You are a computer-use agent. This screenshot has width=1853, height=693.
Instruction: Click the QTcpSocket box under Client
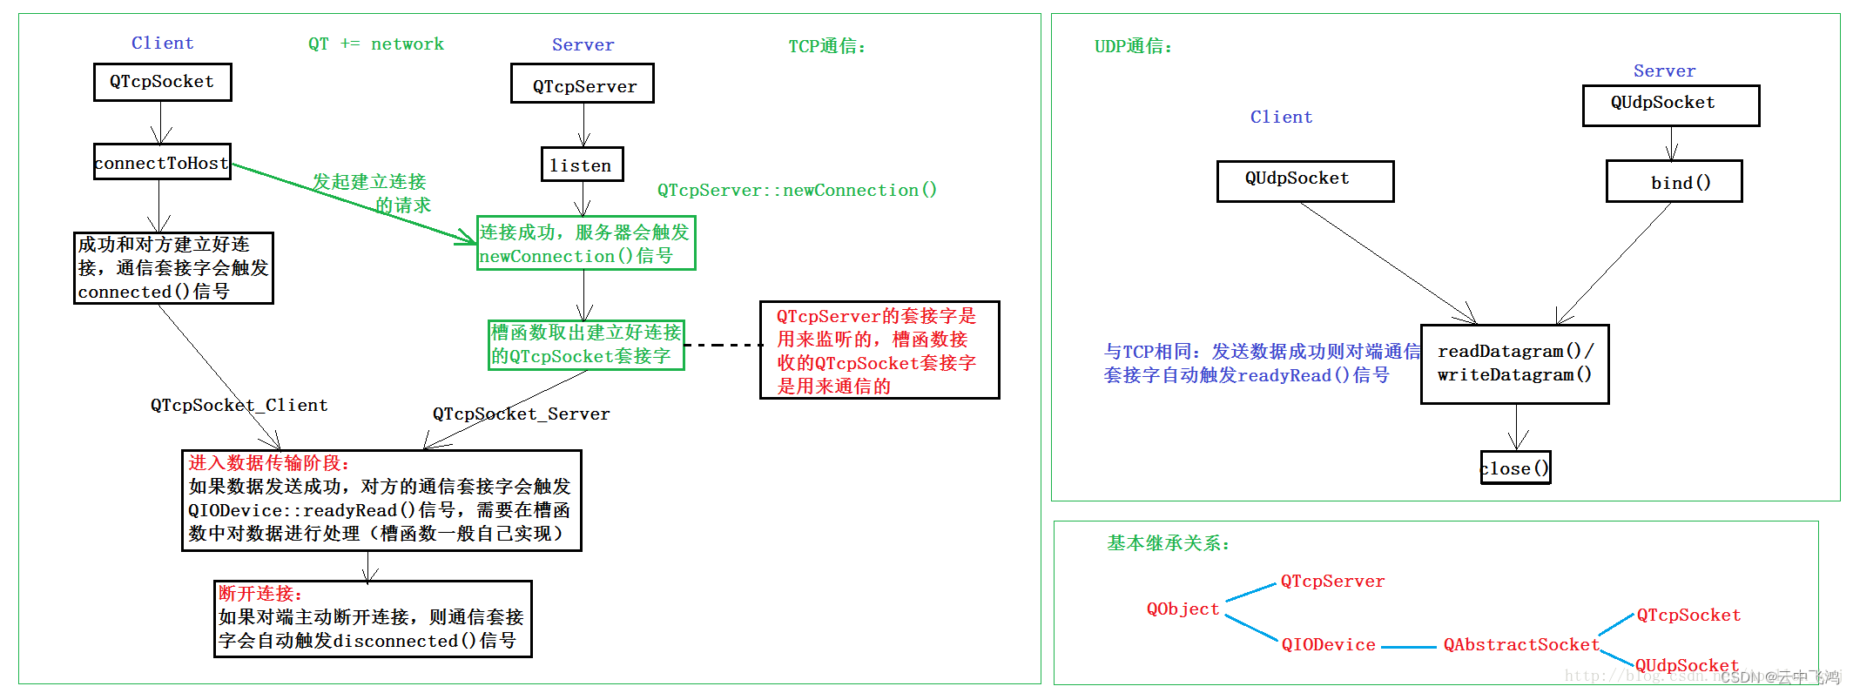tap(162, 82)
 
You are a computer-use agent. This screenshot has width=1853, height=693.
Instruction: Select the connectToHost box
tap(162, 163)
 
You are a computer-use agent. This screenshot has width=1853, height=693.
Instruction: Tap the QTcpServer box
tap(583, 84)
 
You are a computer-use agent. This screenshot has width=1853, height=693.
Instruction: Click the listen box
tap(582, 165)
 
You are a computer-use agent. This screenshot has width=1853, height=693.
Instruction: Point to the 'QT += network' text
tap(376, 44)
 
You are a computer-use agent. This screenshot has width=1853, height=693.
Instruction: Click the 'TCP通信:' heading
tap(827, 46)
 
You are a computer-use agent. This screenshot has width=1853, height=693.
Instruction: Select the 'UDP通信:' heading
tap(1133, 46)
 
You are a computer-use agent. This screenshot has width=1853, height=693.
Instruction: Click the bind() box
tap(1674, 182)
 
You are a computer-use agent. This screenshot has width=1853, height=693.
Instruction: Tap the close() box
tap(1515, 468)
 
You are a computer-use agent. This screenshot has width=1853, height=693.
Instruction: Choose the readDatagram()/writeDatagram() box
tap(1514, 364)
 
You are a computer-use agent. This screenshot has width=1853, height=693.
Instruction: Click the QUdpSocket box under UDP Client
tap(1304, 180)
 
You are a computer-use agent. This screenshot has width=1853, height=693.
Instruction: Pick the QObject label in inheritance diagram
tap(1183, 609)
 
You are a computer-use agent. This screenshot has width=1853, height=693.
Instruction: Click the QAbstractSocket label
tap(1521, 645)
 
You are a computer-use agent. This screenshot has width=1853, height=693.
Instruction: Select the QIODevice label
tap(1328, 645)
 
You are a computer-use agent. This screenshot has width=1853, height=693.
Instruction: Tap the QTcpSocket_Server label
tap(522, 414)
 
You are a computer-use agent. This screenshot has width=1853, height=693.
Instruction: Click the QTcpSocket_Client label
tap(239, 406)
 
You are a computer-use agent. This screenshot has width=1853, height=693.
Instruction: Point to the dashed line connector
tap(723, 345)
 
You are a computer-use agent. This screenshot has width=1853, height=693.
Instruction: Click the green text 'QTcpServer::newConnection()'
tap(797, 190)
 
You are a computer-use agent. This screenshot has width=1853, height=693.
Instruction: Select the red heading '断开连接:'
tap(259, 594)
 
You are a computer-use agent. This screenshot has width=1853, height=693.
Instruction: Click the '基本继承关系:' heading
tap(1168, 543)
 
